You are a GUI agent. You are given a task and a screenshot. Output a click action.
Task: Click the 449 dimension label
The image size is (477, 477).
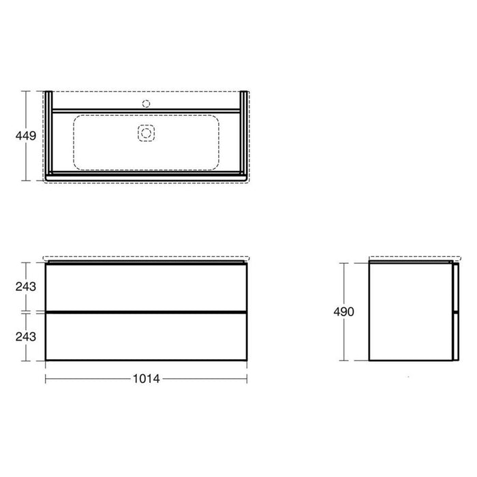pos(26,136)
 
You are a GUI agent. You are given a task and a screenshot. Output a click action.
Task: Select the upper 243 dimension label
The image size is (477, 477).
pos(26,287)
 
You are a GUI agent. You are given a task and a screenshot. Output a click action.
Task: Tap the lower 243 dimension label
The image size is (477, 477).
pos(26,337)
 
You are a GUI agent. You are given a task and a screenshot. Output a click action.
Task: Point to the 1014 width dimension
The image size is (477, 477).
pos(147,379)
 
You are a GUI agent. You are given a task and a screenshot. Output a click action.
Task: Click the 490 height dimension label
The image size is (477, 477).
pos(343,312)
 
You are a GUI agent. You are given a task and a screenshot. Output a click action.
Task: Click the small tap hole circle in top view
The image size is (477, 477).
pos(146,104)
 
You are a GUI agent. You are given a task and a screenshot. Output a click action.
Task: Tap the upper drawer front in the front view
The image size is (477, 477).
pos(146,287)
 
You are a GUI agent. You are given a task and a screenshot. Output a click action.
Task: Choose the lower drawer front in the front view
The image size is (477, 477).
pos(146,337)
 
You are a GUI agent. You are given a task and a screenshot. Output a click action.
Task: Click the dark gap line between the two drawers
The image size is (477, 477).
pos(146,312)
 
